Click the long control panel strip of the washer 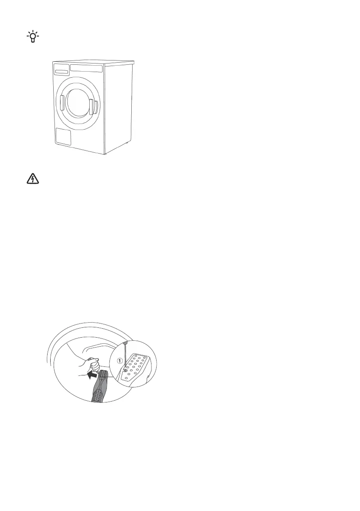86,68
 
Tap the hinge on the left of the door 62,103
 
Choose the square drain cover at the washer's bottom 63,136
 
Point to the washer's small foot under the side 127,143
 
